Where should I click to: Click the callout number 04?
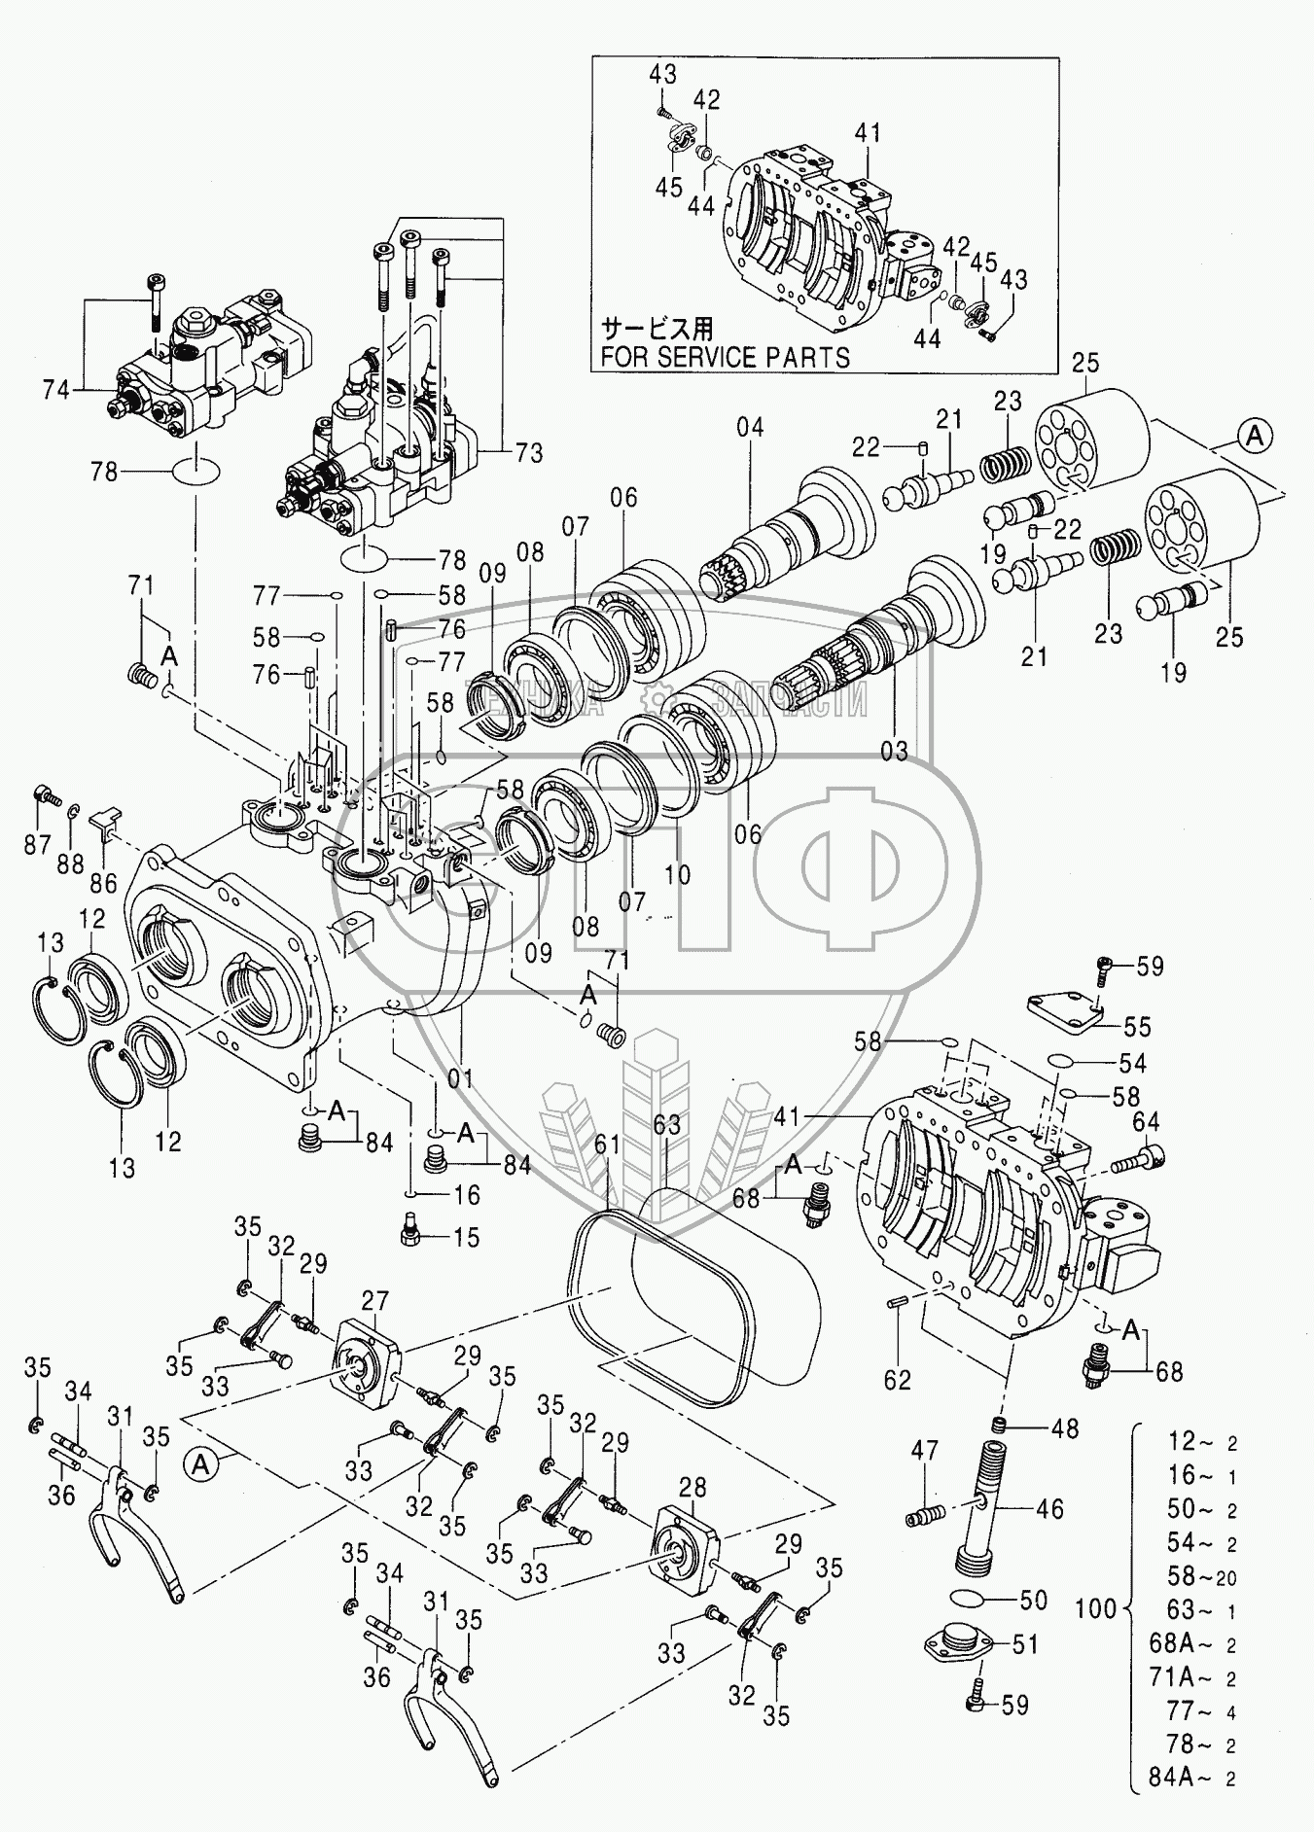750,427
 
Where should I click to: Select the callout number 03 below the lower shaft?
894,751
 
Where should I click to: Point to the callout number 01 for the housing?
460,1078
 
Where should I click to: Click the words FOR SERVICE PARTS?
725,357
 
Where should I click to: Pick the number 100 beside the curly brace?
1096,1607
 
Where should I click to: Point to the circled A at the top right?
1256,437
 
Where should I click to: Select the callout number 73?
529,454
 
